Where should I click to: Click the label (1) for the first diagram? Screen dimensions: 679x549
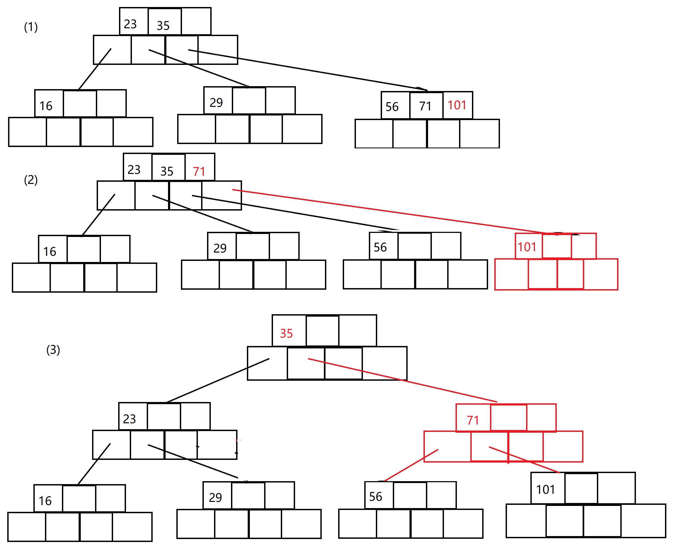[31, 27]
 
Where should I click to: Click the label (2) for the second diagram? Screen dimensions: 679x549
[31, 180]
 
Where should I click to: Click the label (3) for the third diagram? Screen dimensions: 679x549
[53, 350]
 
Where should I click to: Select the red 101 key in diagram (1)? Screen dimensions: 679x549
[457, 105]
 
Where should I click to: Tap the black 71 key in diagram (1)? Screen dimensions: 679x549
[425, 106]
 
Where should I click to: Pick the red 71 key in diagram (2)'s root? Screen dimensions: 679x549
[199, 172]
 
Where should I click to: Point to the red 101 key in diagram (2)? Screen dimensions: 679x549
[527, 247]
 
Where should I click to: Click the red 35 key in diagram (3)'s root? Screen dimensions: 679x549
[286, 334]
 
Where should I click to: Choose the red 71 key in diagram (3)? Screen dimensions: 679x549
[473, 421]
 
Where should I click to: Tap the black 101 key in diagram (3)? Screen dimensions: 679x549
[545, 490]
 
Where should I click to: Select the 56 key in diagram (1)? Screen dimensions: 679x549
[392, 107]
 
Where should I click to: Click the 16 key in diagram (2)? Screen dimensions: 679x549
[50, 252]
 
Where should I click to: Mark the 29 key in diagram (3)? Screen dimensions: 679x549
[215, 498]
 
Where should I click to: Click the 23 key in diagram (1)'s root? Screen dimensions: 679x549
[130, 24]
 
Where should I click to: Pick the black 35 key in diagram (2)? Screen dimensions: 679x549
[167, 172]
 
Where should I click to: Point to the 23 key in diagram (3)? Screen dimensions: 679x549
[129, 419]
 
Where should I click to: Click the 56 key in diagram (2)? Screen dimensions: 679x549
[380, 247]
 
